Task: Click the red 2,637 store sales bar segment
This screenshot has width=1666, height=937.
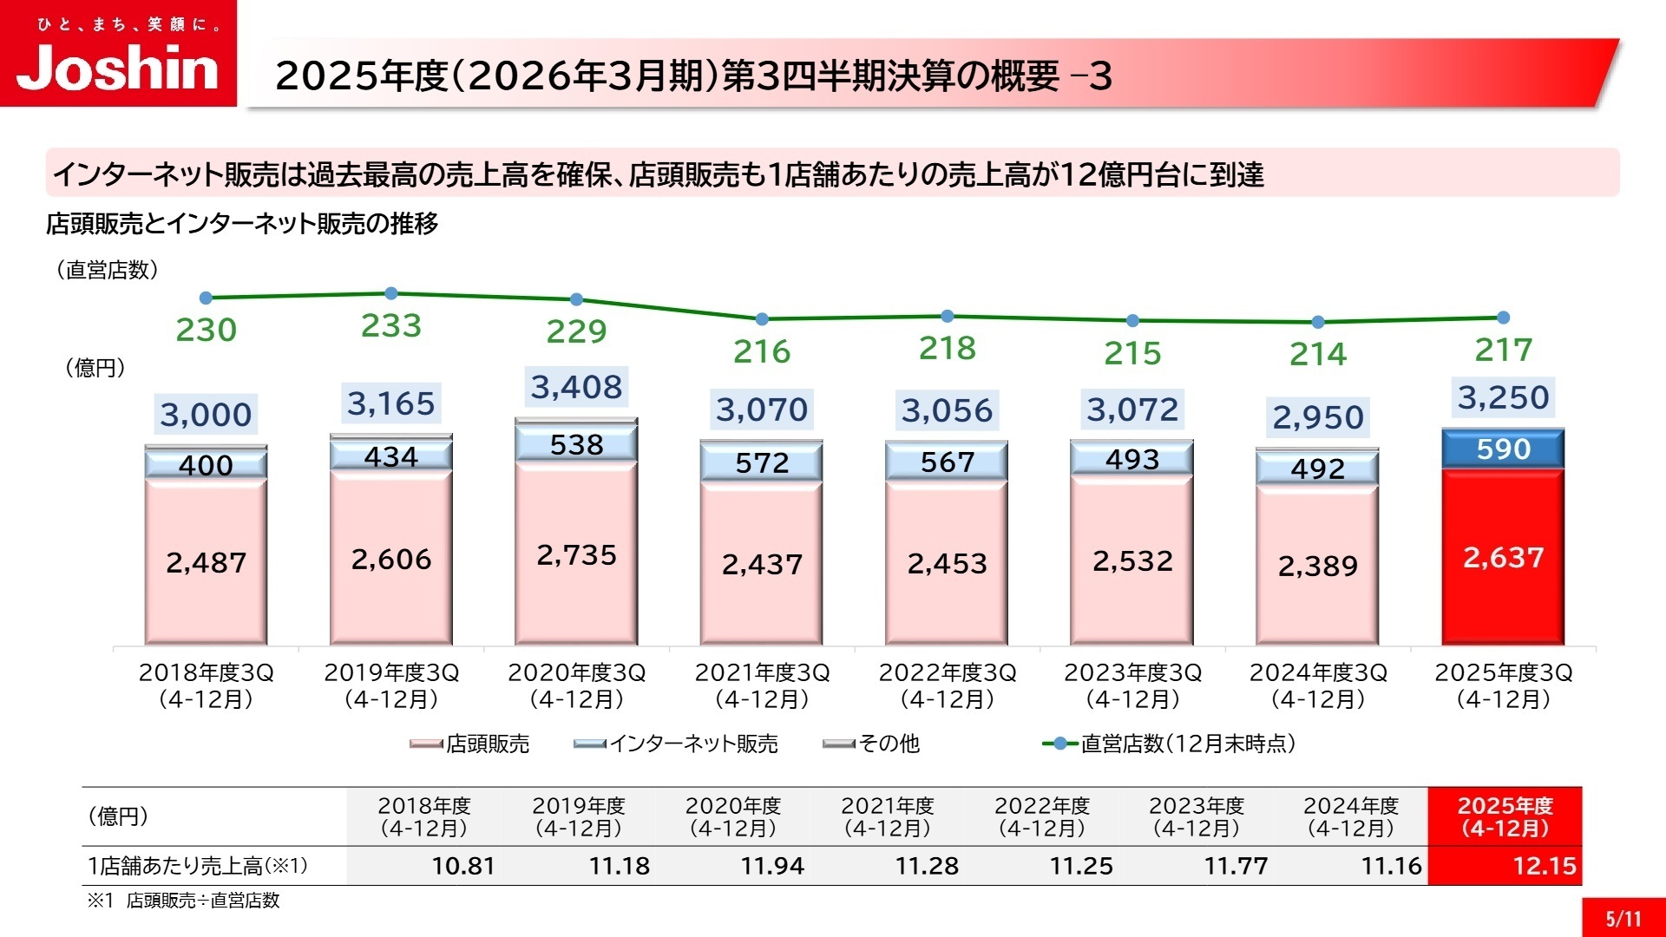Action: [1503, 557]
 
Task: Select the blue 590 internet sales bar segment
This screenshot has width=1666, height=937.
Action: [1503, 449]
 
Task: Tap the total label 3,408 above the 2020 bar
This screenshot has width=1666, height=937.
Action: [576, 387]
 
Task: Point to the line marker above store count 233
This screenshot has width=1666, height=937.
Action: [391, 293]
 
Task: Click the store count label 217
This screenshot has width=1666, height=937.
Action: [1503, 350]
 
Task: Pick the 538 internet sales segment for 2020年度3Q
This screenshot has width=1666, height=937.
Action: [576, 444]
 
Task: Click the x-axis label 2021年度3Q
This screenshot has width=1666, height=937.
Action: [762, 685]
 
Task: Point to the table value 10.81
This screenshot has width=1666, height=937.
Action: [463, 866]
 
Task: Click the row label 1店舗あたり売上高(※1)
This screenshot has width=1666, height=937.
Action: [198, 866]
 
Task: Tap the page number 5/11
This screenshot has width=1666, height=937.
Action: [1623, 919]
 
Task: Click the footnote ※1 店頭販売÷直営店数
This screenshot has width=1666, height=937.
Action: [183, 901]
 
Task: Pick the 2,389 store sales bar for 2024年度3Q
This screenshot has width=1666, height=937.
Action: [1317, 566]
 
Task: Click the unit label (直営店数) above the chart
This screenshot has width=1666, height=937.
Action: [108, 270]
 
